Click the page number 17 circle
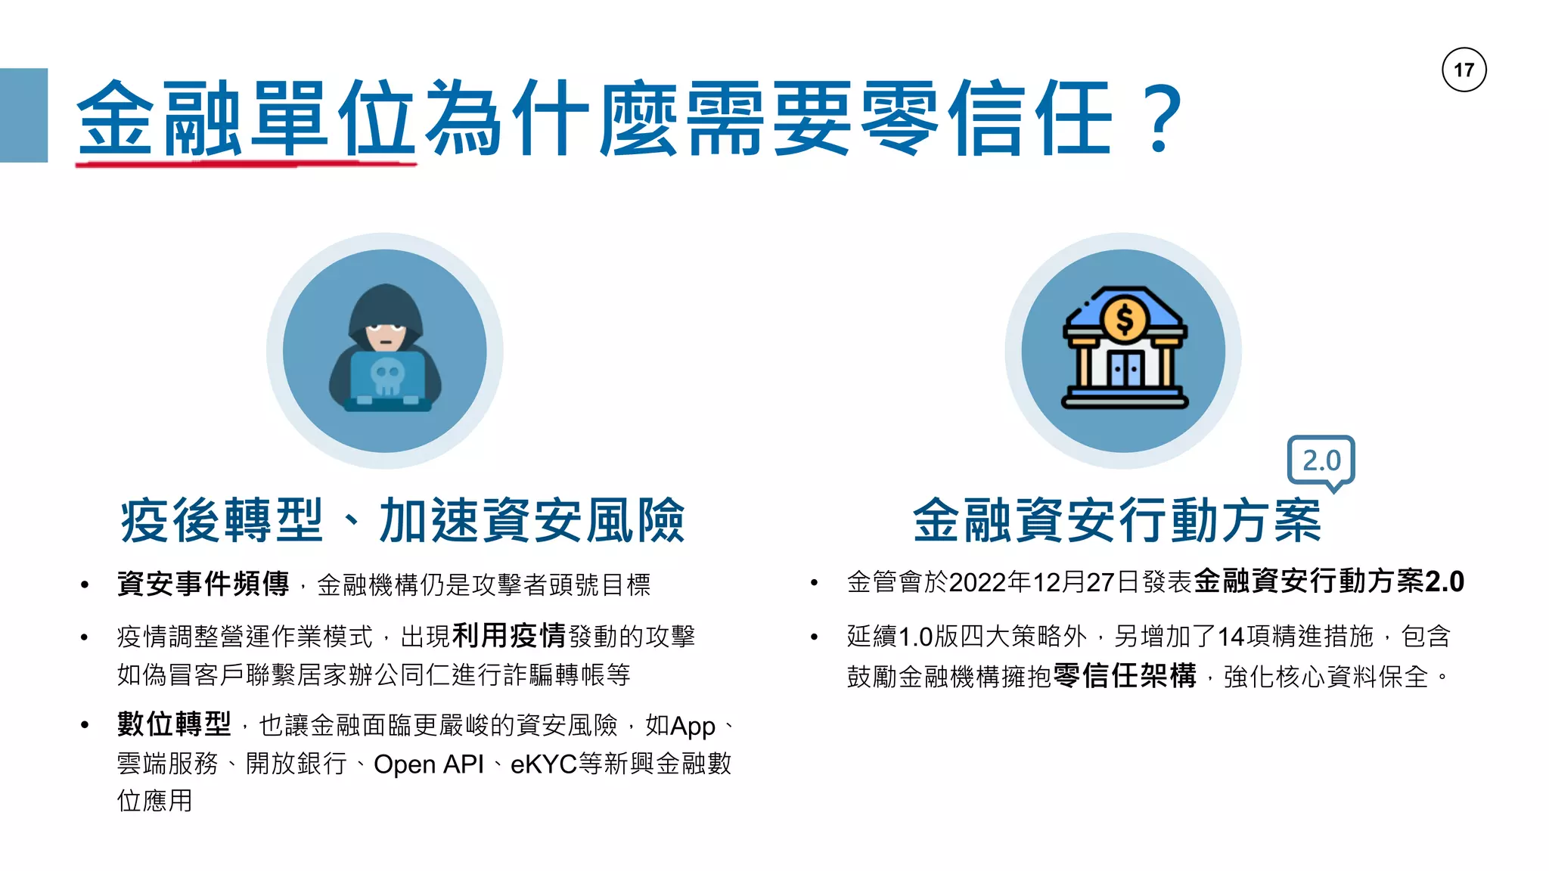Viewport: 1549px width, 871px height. (x=1464, y=70)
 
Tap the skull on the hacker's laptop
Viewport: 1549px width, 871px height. (x=387, y=376)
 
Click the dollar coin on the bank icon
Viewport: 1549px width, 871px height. (x=1125, y=318)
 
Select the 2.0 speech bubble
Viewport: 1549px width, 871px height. (x=1321, y=460)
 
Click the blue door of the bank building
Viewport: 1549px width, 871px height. (x=1125, y=370)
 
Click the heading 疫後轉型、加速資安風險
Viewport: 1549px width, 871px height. (x=402, y=521)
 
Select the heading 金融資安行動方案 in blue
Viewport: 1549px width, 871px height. (x=1116, y=521)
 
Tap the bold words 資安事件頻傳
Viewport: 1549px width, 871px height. (x=203, y=584)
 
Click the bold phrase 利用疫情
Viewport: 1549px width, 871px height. (x=508, y=636)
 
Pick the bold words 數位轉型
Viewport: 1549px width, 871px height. (x=174, y=724)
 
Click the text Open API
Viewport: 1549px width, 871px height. (x=428, y=764)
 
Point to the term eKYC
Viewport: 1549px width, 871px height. (x=544, y=764)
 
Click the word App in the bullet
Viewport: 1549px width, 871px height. (x=692, y=727)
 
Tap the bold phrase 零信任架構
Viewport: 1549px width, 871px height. (x=1124, y=676)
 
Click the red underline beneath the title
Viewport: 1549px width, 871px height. (x=246, y=162)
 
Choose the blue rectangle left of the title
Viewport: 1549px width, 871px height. (x=23, y=115)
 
